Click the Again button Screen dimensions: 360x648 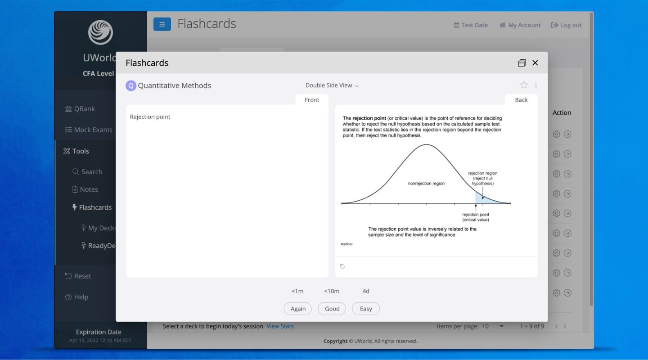[x=298, y=309]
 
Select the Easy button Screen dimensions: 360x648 [x=366, y=309]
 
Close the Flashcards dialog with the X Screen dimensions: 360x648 [x=535, y=63]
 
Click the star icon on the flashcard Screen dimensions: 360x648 [x=524, y=85]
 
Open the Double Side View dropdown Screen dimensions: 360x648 [x=332, y=85]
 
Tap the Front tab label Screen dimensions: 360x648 [x=312, y=100]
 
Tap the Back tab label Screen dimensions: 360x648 [x=521, y=100]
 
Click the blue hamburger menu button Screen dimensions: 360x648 [x=162, y=24]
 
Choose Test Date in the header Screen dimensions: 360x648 [x=470, y=25]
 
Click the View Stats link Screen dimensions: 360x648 [x=280, y=326]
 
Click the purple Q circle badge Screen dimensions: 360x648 [x=131, y=85]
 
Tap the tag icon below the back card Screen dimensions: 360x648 [x=342, y=267]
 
